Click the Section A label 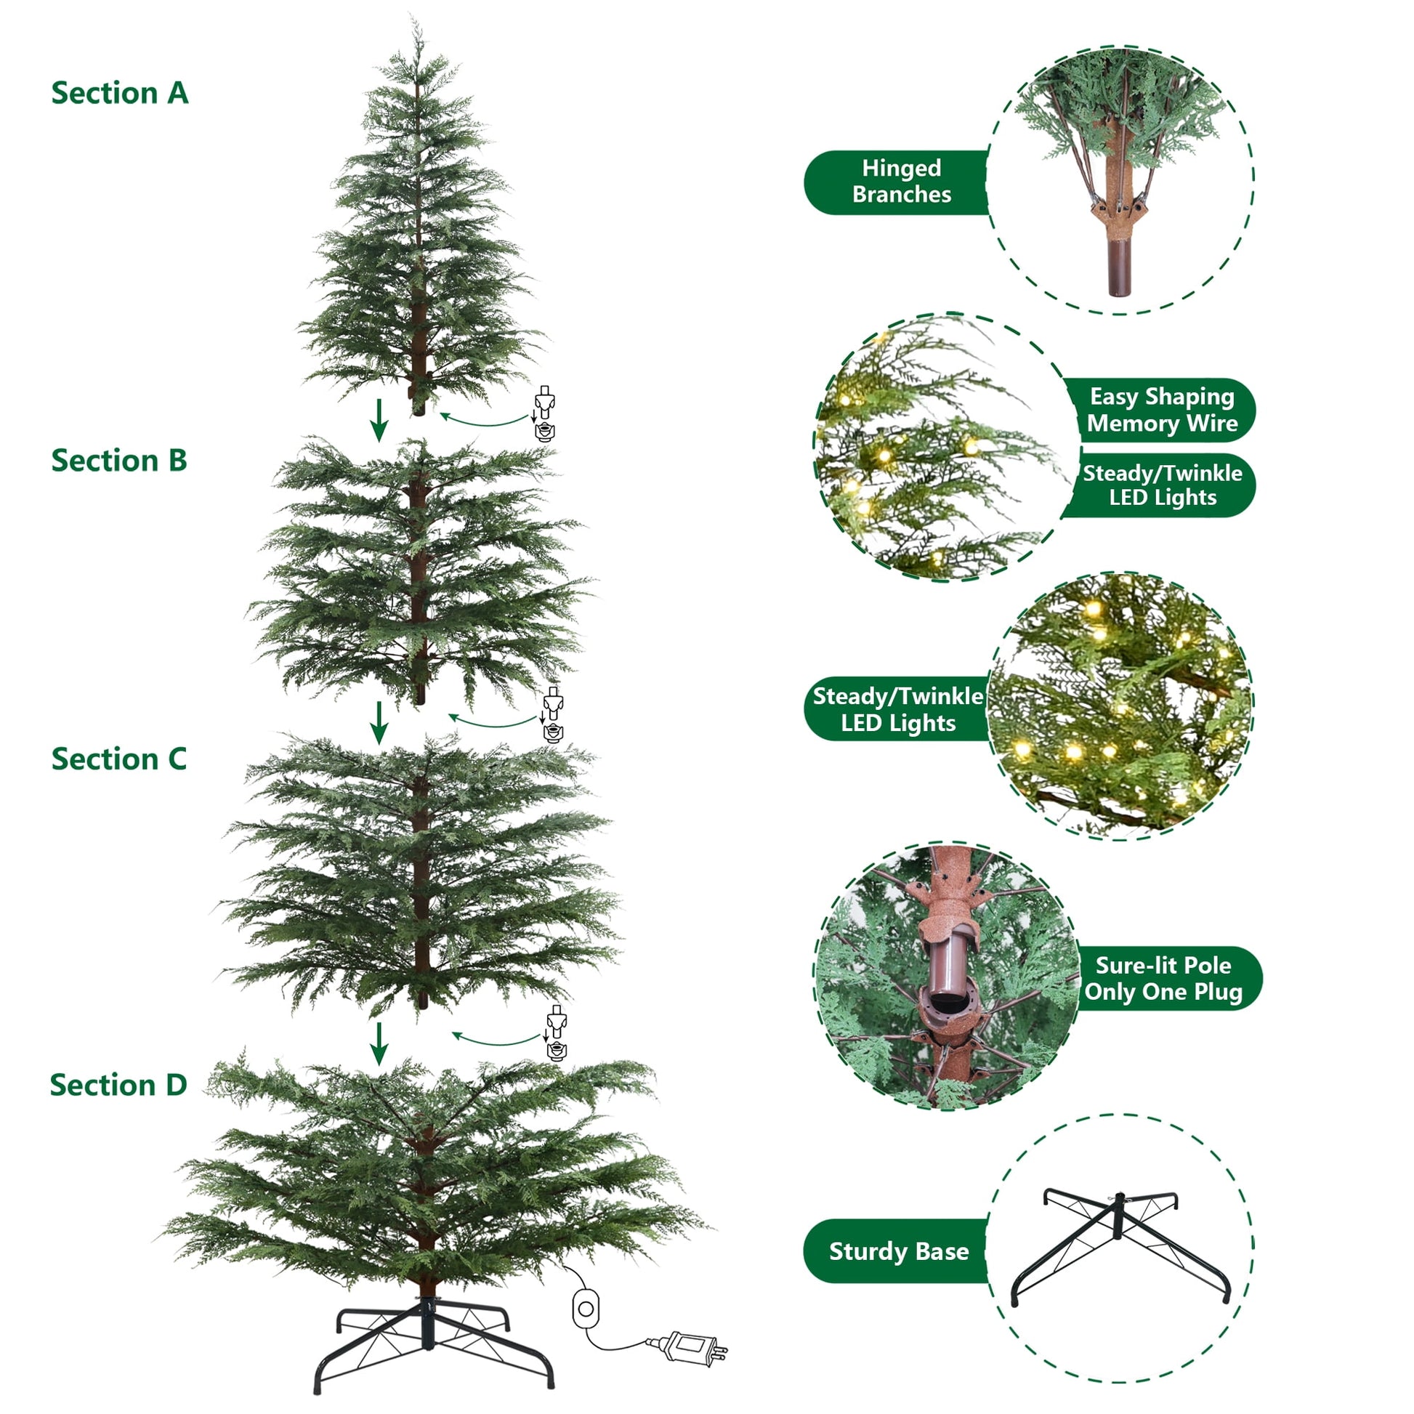[119, 93]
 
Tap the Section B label [119, 461]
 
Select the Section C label [119, 759]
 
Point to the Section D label [118, 1085]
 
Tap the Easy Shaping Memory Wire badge [1160, 410]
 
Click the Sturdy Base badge [897, 1251]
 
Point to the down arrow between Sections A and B [379, 420]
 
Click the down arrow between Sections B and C [379, 723]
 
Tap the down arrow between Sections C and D [379, 1043]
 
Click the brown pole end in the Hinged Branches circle [1119, 269]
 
